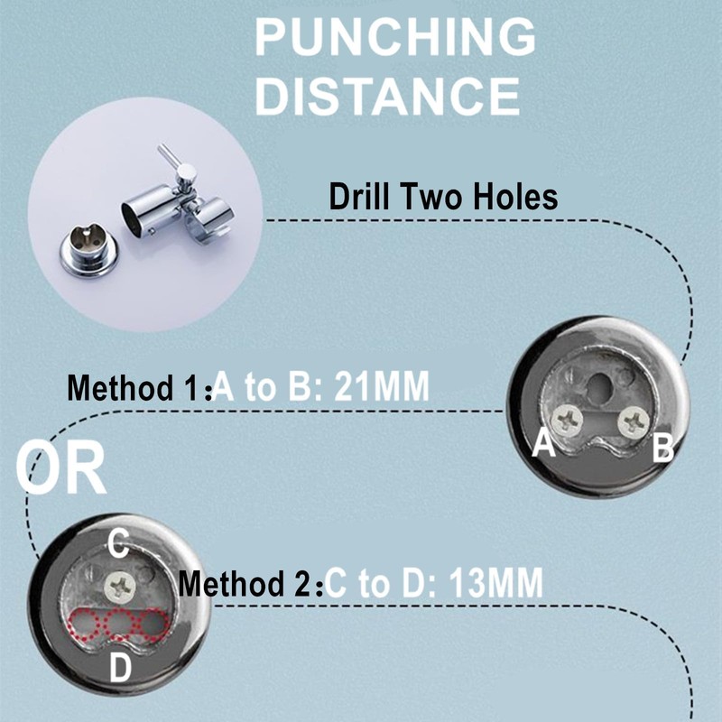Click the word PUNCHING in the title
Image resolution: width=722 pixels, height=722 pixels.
point(395,37)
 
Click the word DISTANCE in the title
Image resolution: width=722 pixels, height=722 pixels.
point(387,96)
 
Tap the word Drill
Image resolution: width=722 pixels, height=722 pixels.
point(359,197)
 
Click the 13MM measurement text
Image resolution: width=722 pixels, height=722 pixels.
point(495,582)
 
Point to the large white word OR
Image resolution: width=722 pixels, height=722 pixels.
point(60,467)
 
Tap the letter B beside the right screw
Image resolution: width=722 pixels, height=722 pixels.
point(663,448)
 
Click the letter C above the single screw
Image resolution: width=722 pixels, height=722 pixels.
point(118,544)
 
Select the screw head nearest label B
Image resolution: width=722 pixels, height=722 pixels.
point(634,421)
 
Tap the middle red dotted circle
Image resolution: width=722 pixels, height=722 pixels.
point(118,624)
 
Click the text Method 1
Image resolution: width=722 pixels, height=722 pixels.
point(139,388)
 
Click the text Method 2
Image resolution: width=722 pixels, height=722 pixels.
point(250,583)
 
